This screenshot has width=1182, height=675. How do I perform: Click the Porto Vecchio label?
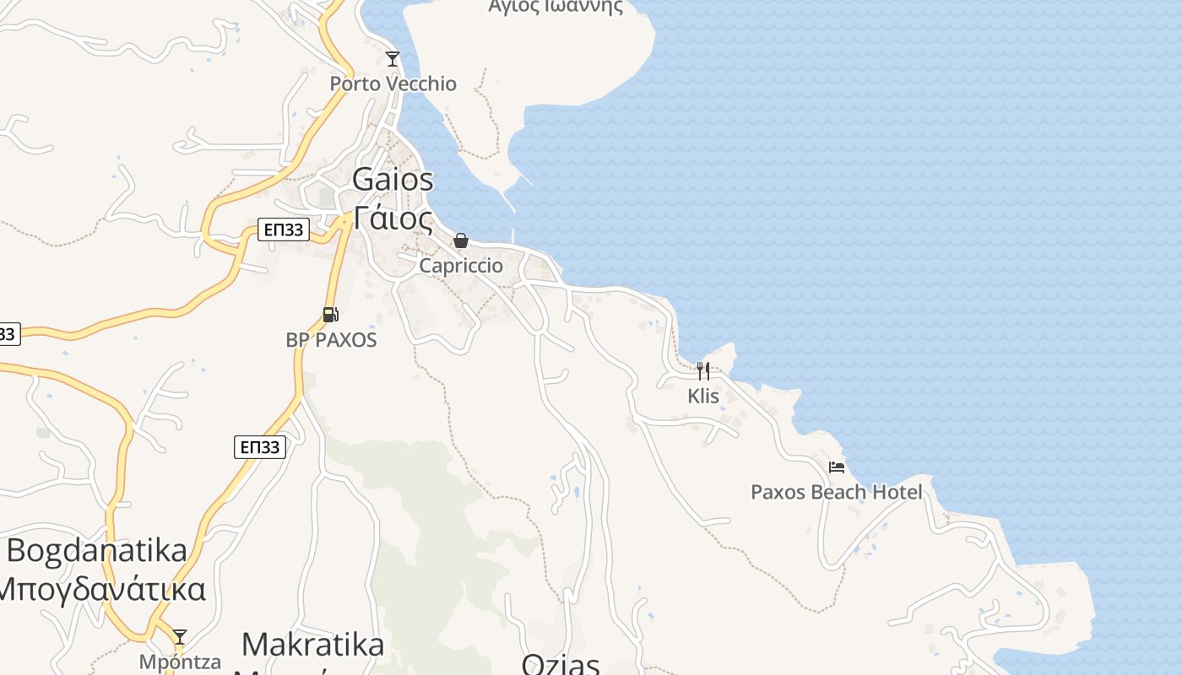(x=393, y=84)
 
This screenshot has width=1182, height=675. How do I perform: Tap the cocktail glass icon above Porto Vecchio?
(x=392, y=58)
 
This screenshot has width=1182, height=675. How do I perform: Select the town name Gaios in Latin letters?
(x=393, y=179)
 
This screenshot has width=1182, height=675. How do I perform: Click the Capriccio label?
(x=461, y=266)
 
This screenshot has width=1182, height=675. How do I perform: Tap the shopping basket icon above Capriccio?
(x=460, y=240)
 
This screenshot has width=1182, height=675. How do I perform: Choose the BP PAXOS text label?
(x=331, y=340)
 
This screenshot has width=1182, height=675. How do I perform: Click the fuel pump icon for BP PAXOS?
(x=330, y=315)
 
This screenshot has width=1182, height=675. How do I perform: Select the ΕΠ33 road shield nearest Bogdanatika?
(x=260, y=447)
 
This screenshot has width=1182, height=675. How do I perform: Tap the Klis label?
(x=703, y=395)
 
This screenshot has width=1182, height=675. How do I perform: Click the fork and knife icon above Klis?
(x=702, y=370)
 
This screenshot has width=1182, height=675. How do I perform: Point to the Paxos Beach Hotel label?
(x=837, y=492)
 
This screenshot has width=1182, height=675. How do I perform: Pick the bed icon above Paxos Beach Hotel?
(x=837, y=467)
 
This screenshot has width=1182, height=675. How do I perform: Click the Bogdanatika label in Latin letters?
(x=97, y=550)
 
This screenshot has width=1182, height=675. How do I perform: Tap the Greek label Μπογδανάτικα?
(x=101, y=588)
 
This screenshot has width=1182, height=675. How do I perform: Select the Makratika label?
(x=312, y=645)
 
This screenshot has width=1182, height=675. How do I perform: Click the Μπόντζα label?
(x=180, y=661)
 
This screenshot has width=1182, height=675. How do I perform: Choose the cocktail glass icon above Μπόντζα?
(x=179, y=636)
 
